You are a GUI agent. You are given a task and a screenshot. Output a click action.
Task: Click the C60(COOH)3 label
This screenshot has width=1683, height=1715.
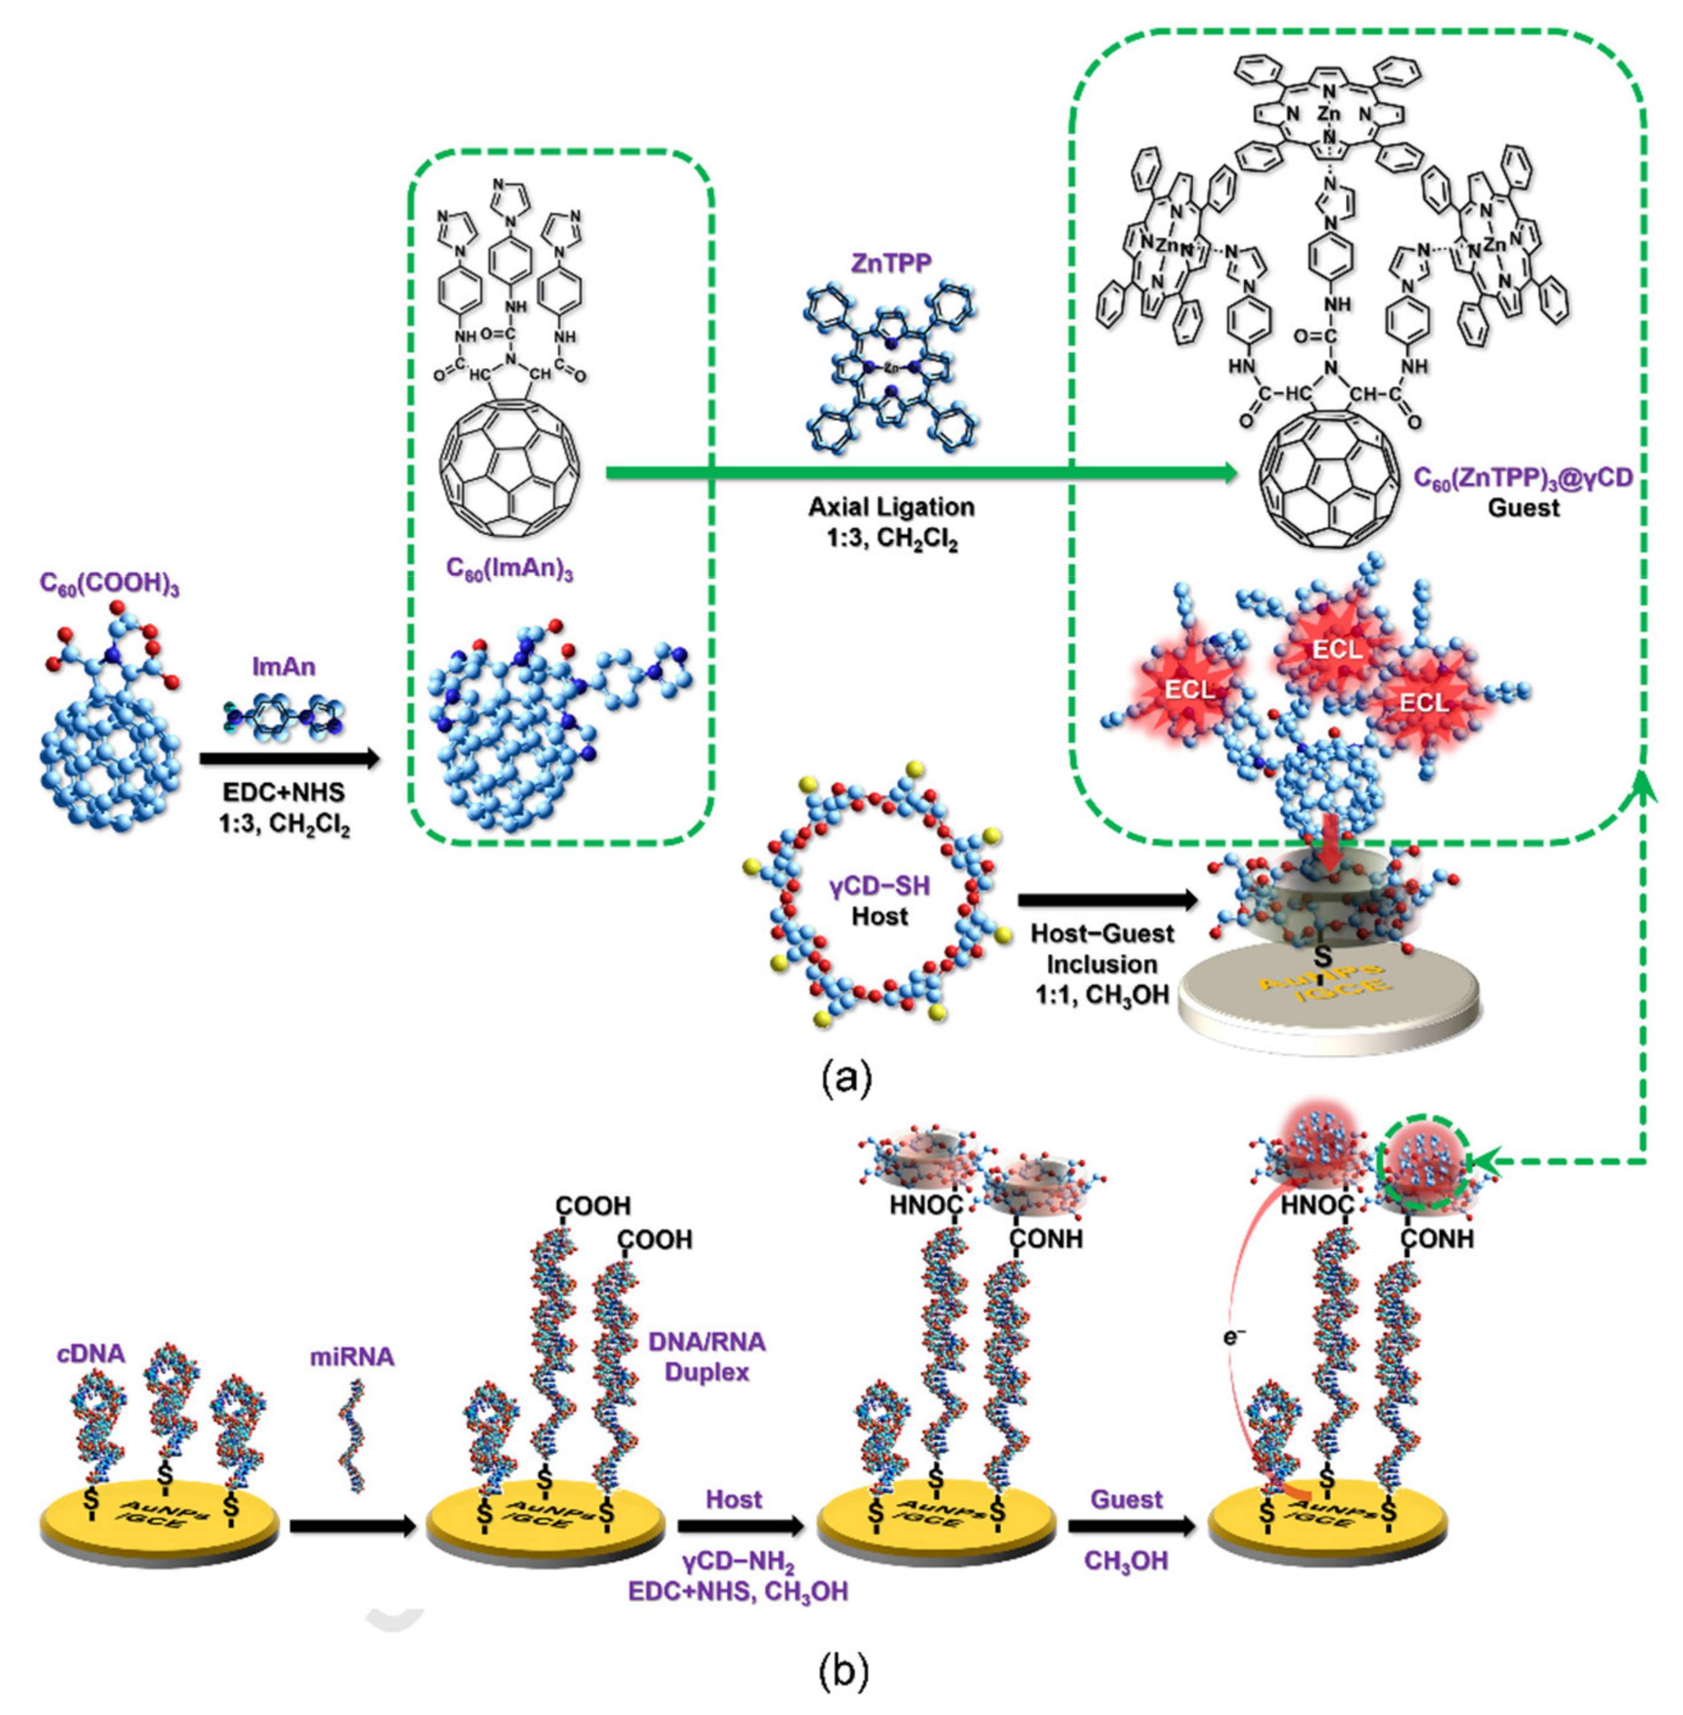pos(109,584)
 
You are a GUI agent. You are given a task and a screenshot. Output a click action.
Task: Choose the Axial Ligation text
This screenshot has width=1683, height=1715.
pos(891,507)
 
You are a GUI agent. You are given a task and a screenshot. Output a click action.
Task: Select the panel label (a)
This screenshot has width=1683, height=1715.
pos(846,1078)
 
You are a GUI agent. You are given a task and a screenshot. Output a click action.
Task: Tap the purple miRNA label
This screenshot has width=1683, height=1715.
pos(352,1356)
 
